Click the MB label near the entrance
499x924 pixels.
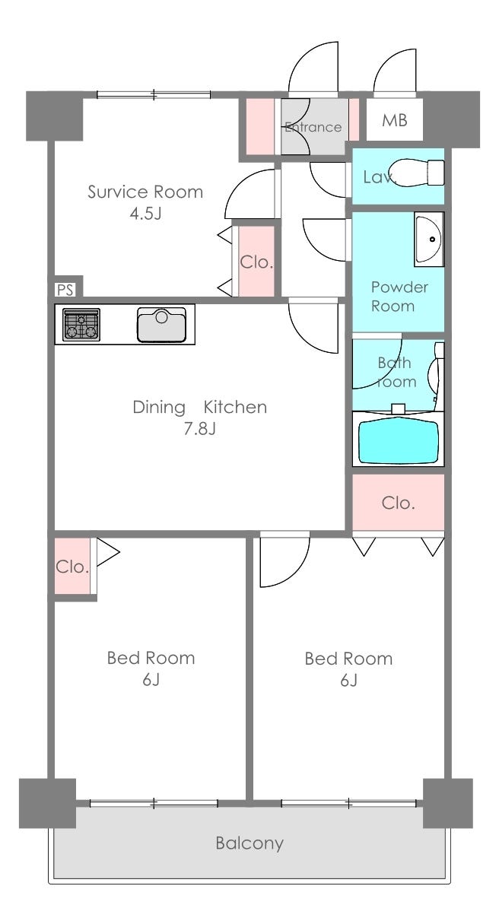click(x=395, y=120)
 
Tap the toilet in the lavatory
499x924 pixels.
click(x=417, y=173)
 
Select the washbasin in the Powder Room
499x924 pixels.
click(x=429, y=240)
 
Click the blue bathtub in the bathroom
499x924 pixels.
click(x=399, y=440)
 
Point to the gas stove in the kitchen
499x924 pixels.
click(x=81, y=325)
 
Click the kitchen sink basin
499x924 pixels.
click(x=161, y=325)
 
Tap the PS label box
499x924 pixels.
click(x=65, y=290)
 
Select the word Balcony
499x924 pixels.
click(x=249, y=843)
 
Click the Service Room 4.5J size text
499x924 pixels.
click(x=145, y=213)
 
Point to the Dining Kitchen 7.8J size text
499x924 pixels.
click(x=200, y=429)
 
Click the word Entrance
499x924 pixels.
click(x=313, y=127)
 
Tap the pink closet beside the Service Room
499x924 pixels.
click(x=256, y=261)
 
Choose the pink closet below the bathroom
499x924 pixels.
click(x=398, y=503)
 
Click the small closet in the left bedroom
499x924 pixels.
click(x=72, y=566)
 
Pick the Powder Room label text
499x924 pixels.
click(x=399, y=297)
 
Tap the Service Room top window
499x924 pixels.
click(x=154, y=95)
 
